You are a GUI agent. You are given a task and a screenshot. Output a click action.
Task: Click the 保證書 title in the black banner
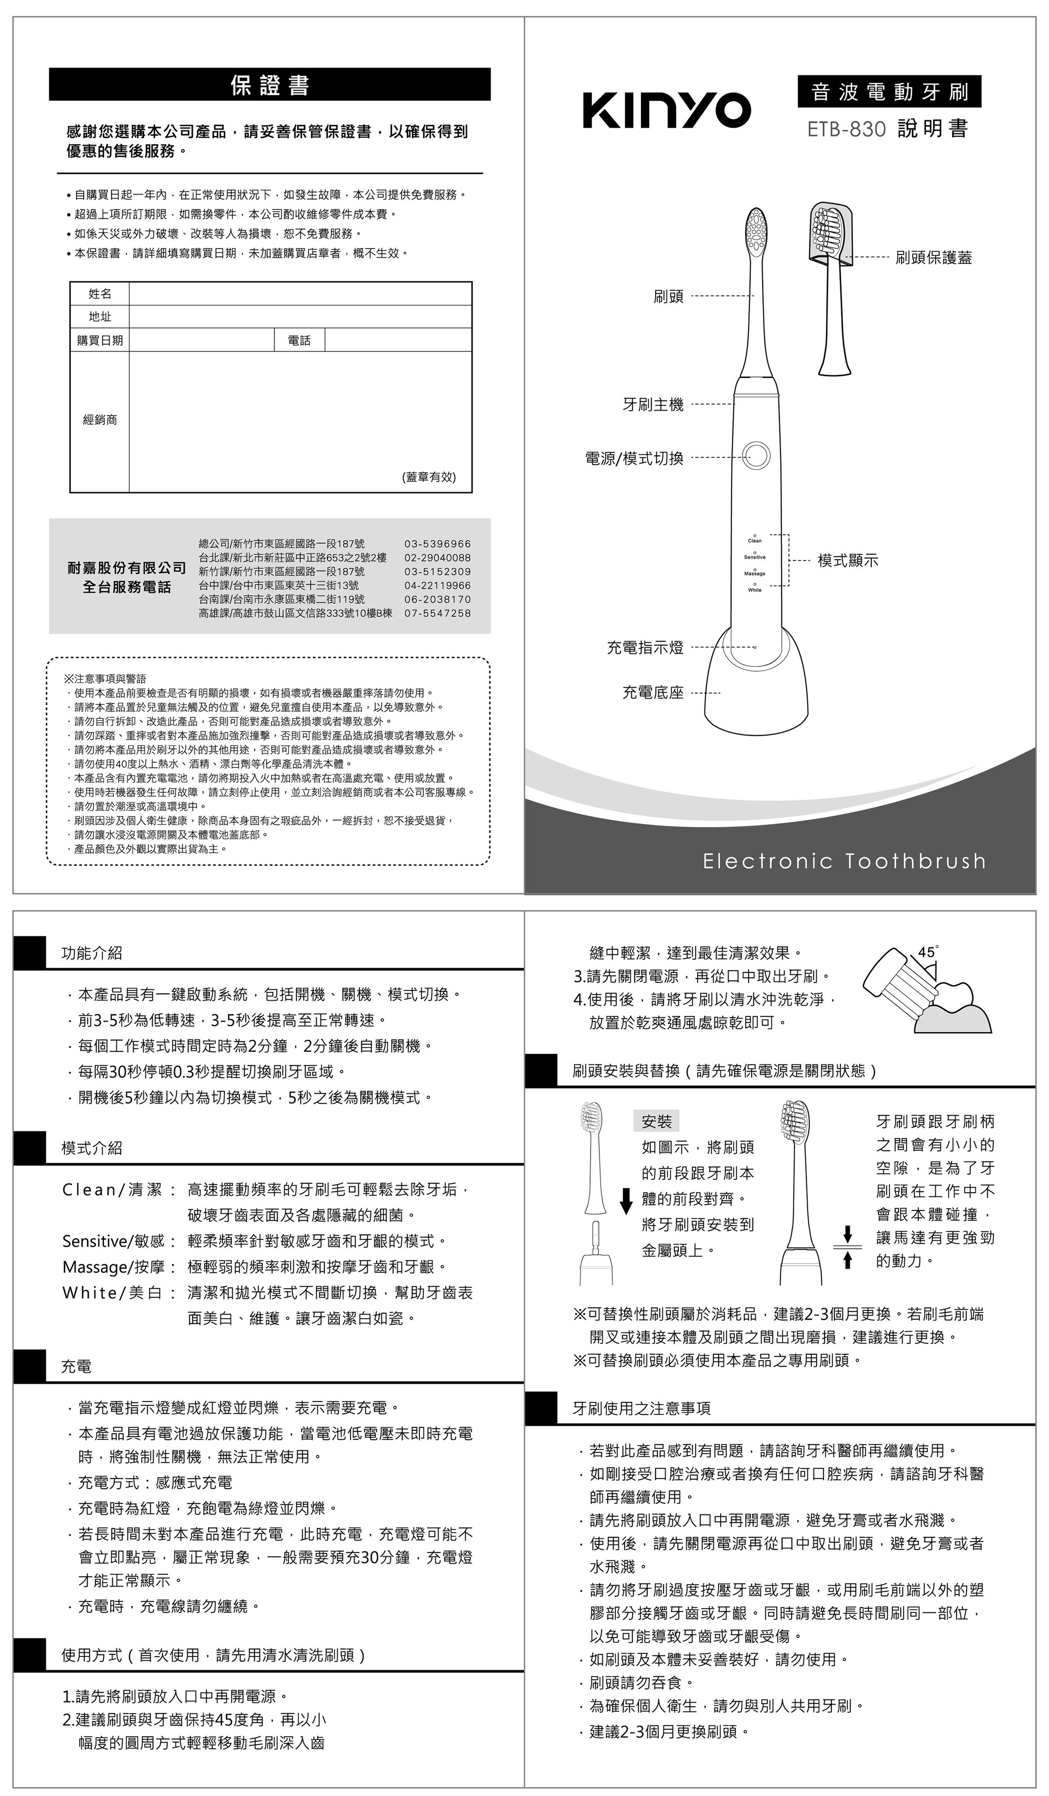270,85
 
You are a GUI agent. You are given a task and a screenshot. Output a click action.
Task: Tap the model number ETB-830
846,130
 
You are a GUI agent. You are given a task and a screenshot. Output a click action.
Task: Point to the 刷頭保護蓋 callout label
934,258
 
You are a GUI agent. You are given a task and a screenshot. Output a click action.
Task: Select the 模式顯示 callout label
848,560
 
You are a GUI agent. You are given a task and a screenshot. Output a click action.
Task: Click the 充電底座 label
653,692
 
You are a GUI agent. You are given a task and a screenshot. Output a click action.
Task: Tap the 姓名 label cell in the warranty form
100,294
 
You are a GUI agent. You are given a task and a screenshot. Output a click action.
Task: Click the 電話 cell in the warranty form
299,340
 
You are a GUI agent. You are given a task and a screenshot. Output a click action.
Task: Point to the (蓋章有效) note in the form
429,477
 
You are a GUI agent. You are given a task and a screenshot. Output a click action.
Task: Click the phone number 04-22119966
437,585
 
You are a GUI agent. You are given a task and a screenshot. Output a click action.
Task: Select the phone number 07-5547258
437,613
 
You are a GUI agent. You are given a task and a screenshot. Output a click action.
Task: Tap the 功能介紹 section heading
92,953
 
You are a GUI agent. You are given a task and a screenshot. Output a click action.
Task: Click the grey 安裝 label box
656,1121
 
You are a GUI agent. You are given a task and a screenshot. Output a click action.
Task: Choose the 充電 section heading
76,1366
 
